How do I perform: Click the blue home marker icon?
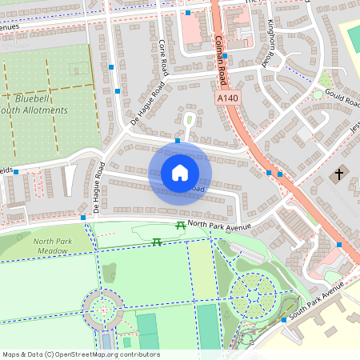tap(180, 172)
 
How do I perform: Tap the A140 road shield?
tap(228, 97)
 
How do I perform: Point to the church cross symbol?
tap(338, 174)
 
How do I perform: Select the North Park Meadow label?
tap(53, 246)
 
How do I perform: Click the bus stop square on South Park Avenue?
tap(283, 320)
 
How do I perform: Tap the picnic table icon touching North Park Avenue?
tap(181, 226)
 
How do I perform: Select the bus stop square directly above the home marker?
tap(177, 141)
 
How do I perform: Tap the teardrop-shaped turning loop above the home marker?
tap(189, 120)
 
